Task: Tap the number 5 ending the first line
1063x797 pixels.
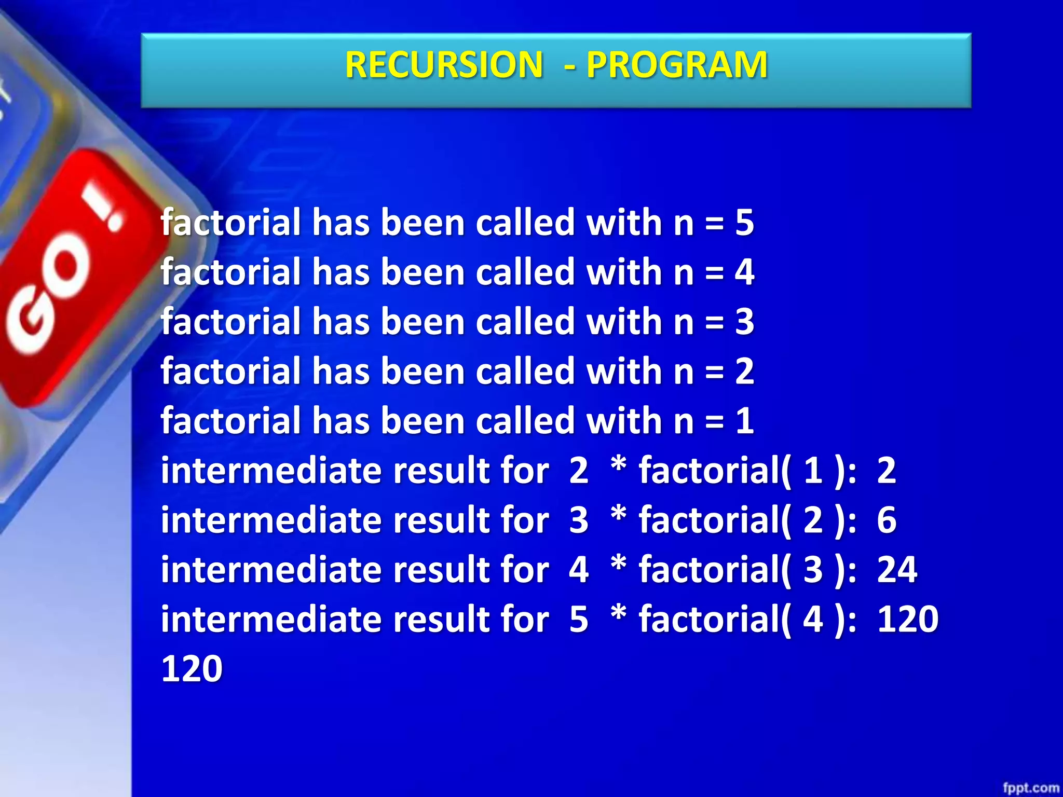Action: coord(744,223)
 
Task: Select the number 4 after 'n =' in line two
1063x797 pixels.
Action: coord(744,272)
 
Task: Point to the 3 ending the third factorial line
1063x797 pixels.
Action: coord(744,322)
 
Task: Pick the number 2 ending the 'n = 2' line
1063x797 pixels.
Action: coord(744,372)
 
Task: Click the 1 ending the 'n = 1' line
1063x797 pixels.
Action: coord(744,421)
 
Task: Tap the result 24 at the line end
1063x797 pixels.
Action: coord(897,570)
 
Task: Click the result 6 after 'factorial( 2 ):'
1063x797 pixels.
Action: coord(887,520)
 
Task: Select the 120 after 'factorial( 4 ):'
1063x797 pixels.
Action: coord(907,619)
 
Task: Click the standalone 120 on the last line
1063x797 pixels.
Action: coord(192,669)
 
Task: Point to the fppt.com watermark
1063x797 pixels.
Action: coord(1030,788)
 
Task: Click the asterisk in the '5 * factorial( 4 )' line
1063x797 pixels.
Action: coord(618,614)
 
